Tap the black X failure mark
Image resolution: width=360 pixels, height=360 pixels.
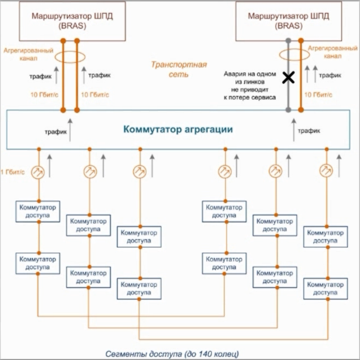point(288,78)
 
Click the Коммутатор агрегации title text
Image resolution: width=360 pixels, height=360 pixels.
point(178,129)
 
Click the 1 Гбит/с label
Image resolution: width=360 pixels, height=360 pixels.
point(13,172)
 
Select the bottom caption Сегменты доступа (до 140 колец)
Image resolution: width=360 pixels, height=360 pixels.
point(172,353)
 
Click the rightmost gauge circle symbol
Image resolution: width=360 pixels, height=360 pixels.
point(326,170)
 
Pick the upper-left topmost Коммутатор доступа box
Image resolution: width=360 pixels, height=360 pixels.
point(38,211)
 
